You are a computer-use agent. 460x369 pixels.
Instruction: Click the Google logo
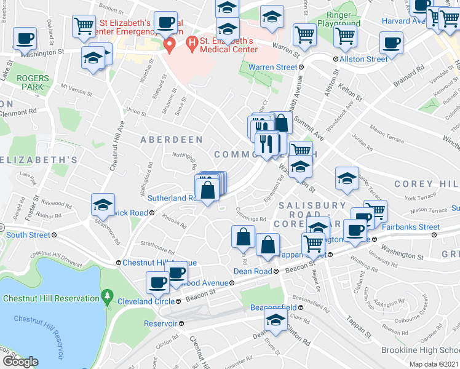point(20,362)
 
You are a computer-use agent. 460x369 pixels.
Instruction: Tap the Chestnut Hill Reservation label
point(51,299)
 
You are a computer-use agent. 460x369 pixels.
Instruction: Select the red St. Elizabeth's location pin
point(170,44)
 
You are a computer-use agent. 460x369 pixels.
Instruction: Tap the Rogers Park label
point(30,82)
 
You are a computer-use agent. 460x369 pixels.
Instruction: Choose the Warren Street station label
point(272,66)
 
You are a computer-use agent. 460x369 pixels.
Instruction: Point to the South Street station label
point(28,235)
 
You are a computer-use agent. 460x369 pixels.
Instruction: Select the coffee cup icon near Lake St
point(25,39)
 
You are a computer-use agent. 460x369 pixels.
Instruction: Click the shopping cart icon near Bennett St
point(84,26)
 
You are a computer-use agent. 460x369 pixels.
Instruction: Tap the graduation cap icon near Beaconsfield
point(276,319)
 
